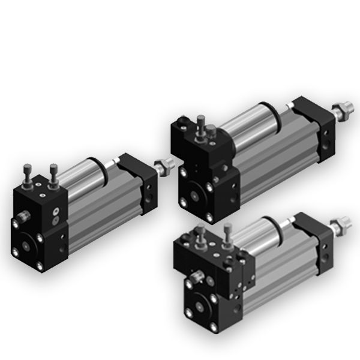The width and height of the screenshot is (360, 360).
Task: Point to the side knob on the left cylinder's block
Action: pos(22,214)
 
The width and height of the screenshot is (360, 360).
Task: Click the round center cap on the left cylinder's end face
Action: pos(26,245)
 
